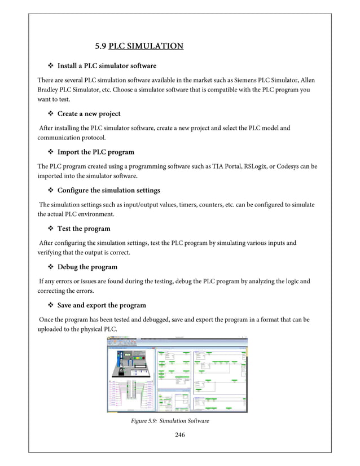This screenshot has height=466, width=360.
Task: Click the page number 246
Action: pyautogui.click(x=180, y=434)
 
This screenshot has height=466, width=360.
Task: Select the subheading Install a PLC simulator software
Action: pyautogui.click(x=107, y=66)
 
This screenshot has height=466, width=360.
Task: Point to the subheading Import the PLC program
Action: pyautogui.click(x=95, y=152)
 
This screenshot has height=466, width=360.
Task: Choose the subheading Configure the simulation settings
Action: pyautogui.click(x=108, y=190)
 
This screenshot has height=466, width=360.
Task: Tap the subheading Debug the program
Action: pyautogui.click(x=87, y=267)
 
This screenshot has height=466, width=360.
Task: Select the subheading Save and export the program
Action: pyautogui.click(x=102, y=305)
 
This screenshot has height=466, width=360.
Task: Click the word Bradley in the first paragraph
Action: pyautogui.click(x=50, y=90)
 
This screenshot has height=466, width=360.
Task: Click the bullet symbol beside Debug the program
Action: pyautogui.click(x=50, y=267)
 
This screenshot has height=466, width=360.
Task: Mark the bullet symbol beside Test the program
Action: pyautogui.click(x=50, y=228)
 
